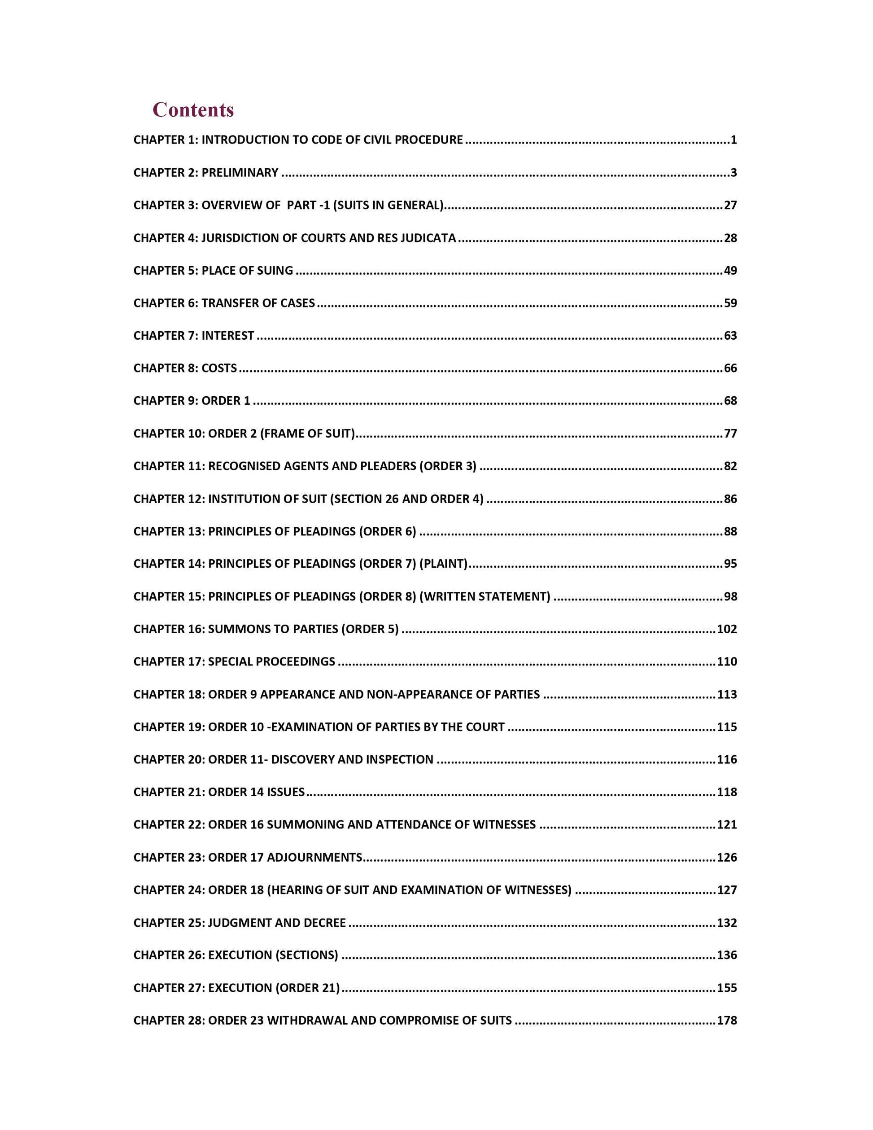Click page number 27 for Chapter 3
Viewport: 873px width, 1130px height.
(730, 206)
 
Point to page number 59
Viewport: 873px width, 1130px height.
(730, 303)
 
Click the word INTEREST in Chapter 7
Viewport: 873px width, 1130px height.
(227, 336)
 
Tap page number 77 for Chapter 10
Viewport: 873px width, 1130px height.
(730, 434)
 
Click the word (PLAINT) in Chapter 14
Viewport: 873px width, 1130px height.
(443, 564)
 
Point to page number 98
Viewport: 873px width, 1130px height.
(730, 596)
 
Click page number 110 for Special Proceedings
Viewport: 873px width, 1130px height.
(727, 662)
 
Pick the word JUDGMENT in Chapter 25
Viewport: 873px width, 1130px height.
(231, 923)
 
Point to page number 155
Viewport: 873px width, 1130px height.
(727, 988)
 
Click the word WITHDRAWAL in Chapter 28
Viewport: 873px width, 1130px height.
(307, 1021)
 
